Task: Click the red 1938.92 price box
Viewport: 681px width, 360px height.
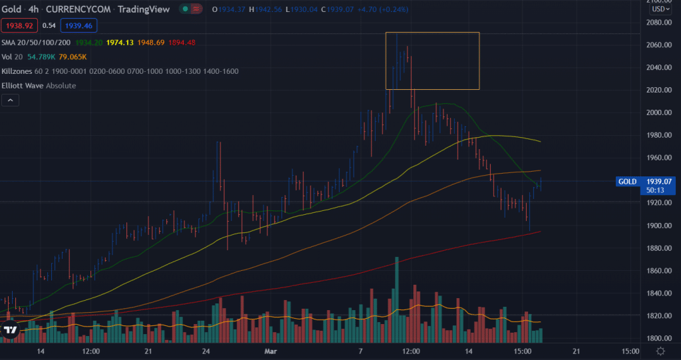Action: coord(19,26)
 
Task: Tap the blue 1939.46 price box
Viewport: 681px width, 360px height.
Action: coord(79,26)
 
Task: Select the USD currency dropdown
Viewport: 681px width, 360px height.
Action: coord(660,9)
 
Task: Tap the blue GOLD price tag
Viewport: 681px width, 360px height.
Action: coord(628,181)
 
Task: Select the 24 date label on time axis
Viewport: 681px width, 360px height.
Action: coord(207,351)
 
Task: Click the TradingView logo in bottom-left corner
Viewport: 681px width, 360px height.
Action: coord(11,329)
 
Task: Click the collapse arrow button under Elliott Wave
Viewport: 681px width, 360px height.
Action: coord(11,100)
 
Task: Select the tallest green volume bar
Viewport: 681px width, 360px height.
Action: coord(397,299)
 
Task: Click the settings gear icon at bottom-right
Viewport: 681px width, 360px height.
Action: coord(660,351)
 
